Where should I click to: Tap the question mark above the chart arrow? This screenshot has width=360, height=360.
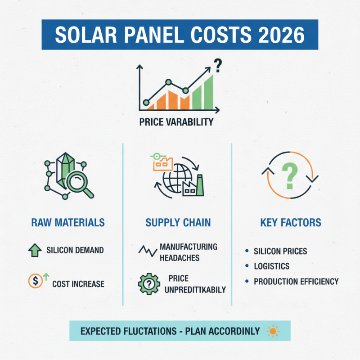pos(218,67)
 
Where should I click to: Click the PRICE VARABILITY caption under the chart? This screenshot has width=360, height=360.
pos(176,122)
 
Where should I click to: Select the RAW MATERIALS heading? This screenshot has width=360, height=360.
pos(68,222)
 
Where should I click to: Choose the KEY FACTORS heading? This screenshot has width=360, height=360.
pos(291,222)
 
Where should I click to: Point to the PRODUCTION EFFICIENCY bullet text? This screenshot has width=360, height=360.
pos(296,281)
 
